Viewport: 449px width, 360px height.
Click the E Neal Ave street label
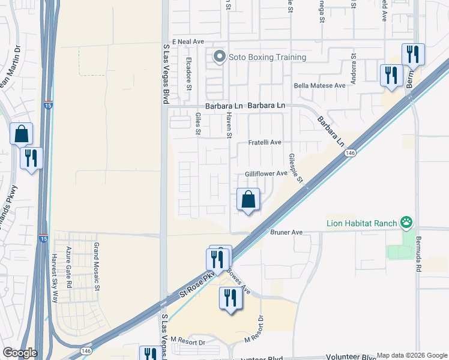click(188, 41)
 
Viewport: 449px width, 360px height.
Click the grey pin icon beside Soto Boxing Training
click(219, 58)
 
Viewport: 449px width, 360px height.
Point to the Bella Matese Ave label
click(319, 86)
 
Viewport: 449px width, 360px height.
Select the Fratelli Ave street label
click(265, 143)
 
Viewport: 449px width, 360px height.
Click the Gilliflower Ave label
click(266, 174)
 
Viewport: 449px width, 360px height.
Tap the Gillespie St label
click(297, 167)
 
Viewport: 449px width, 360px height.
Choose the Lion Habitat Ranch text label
click(362, 224)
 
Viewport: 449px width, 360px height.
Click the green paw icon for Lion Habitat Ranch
click(407, 223)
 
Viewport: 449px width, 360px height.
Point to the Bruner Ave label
click(285, 232)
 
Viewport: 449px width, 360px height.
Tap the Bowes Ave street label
click(238, 280)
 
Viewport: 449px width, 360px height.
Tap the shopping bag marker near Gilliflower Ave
click(248, 200)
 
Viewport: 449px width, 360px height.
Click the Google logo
click(20, 353)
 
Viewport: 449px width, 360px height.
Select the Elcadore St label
click(188, 73)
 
